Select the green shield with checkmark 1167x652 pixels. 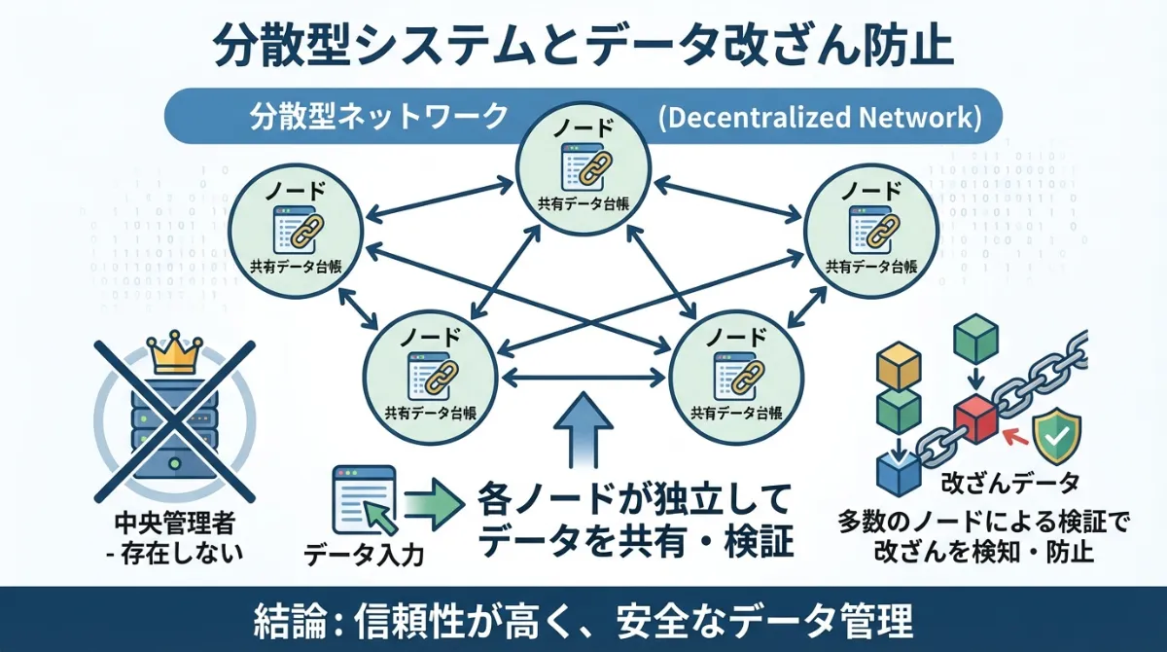[x=1053, y=435]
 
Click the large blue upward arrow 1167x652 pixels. [x=583, y=428]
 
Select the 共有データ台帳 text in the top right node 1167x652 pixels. [x=868, y=265]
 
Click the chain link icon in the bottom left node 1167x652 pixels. [x=437, y=374]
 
